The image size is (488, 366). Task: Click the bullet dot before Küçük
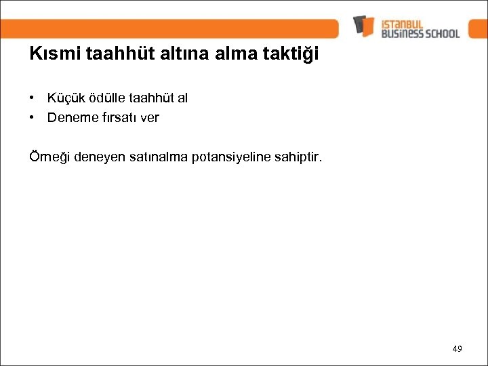coord(33,98)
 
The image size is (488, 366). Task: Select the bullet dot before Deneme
coord(33,117)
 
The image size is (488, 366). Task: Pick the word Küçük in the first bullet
coord(64,98)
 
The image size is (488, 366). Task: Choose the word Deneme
coord(69,117)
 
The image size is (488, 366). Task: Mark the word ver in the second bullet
coord(149,117)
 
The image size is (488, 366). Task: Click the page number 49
coord(457,348)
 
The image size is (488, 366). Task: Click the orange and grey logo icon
coord(363,26)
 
